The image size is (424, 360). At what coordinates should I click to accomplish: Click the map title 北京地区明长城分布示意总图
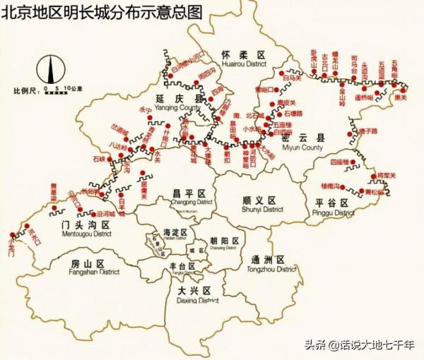pyautogui.click(x=102, y=12)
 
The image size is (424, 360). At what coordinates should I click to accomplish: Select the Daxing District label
pyautogui.click(x=194, y=294)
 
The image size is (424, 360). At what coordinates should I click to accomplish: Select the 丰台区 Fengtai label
pyautogui.click(x=184, y=268)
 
